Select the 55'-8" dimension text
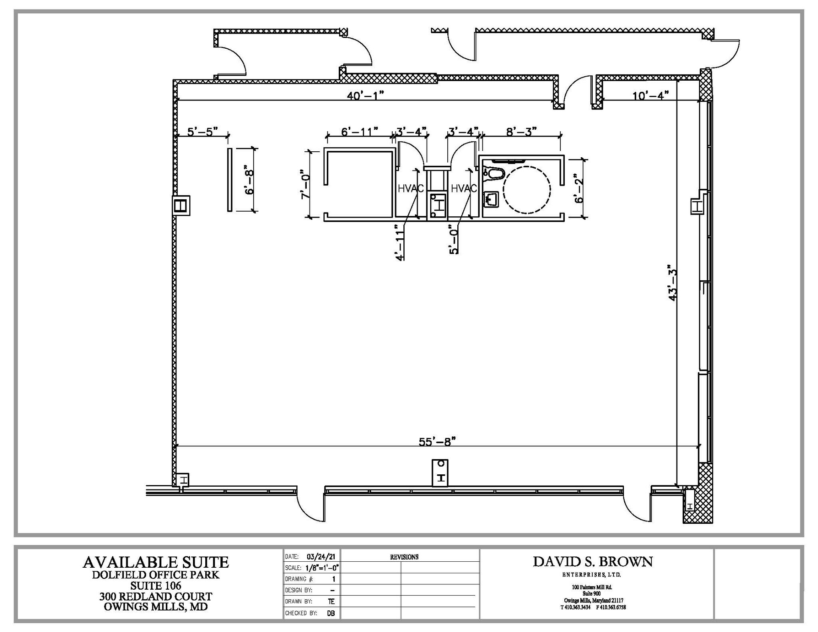437,442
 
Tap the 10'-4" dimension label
650,96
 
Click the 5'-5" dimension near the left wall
203,131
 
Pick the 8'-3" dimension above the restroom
521,131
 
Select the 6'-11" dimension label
359,131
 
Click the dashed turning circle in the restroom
526,190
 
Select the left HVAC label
410,188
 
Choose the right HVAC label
464,188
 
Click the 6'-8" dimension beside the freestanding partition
250,180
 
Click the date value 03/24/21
318,557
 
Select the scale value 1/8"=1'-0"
322,568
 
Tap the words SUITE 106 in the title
156,586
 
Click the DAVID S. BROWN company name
593,562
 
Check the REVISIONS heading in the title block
404,557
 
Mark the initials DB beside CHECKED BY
331,613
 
